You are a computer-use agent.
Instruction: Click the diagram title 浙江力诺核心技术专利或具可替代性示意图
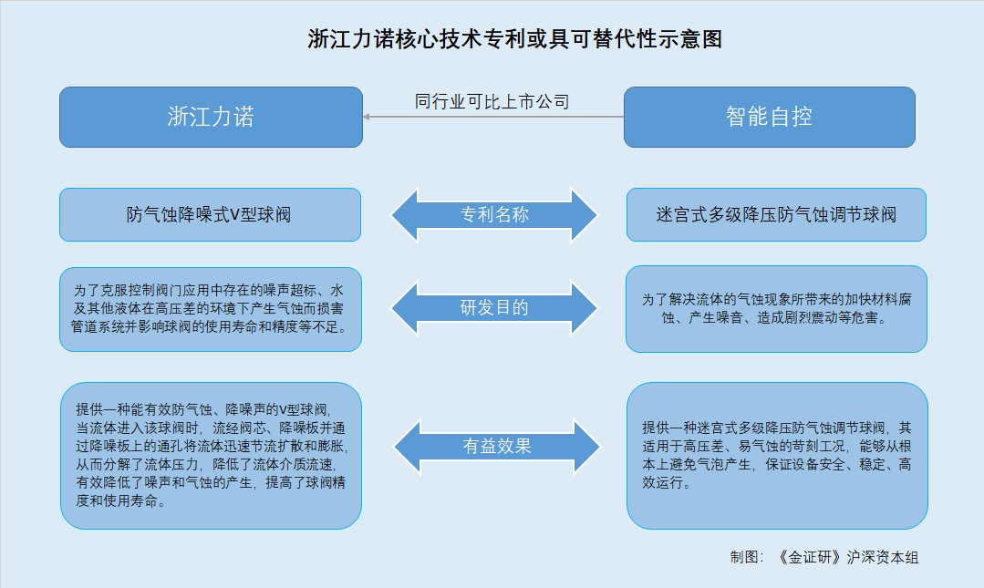pos(514,39)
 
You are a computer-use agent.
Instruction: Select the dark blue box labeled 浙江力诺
pos(211,118)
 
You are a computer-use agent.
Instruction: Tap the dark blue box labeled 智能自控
pos(770,118)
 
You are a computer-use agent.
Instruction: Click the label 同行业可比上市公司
pos(492,102)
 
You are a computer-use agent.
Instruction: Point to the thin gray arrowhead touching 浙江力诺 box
pos(367,117)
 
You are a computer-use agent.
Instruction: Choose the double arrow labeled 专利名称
pos(494,214)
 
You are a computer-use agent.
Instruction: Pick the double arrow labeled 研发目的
pos(494,307)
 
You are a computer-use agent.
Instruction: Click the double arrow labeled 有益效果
pos(497,446)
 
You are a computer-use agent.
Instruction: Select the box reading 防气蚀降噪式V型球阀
pos(211,214)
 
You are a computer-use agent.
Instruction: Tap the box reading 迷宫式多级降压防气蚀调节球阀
pos(776,214)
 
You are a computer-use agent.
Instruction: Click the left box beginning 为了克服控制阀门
pos(211,309)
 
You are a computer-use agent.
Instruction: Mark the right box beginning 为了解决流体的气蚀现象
pos(776,309)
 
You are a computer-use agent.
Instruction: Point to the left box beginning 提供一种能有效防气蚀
pos(211,456)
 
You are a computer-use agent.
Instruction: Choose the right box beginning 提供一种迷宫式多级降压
pos(777,456)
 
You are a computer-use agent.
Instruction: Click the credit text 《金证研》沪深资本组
pos(847,557)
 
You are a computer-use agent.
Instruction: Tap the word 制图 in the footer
pos(743,557)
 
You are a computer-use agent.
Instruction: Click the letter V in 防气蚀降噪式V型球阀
pos(234,215)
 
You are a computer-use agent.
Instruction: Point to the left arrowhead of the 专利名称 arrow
pos(405,214)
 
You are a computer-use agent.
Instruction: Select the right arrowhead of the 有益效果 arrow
pos(586,446)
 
